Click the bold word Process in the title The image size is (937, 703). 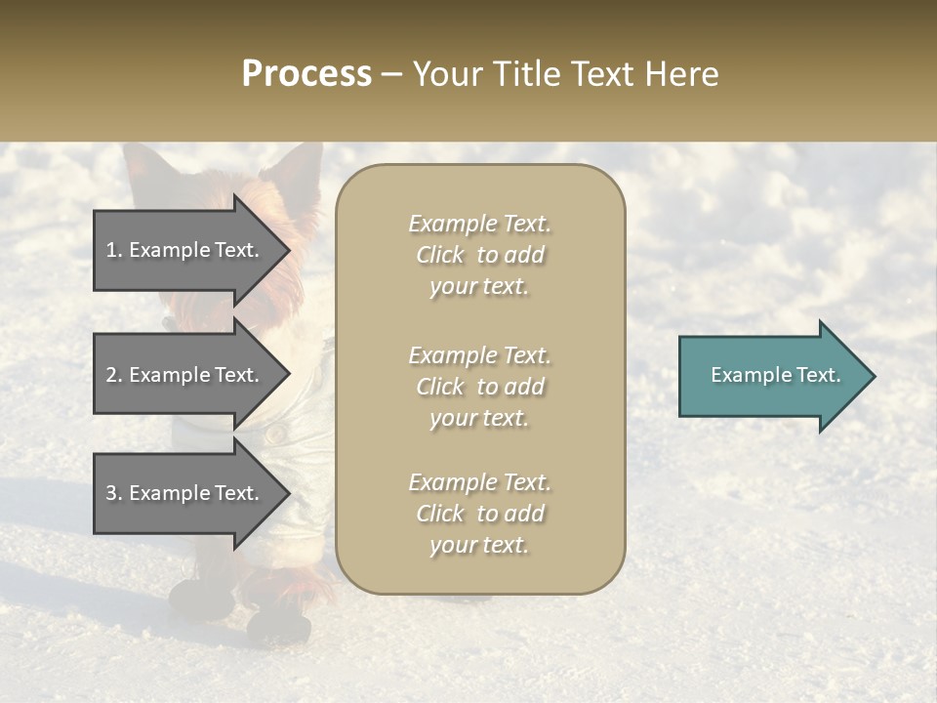306,73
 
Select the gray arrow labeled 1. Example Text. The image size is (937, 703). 185,250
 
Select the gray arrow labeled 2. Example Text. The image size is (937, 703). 185,375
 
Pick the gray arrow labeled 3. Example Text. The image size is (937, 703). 185,493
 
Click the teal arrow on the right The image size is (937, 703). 771,375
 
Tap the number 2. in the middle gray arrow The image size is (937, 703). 114,375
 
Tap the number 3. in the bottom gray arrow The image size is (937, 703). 114,493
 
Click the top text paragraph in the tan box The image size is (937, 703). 479,255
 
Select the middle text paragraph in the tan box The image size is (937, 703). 479,386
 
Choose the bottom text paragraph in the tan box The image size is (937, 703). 479,514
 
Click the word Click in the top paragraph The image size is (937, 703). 440,255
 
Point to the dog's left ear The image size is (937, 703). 146,171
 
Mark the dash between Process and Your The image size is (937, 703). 392,75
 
